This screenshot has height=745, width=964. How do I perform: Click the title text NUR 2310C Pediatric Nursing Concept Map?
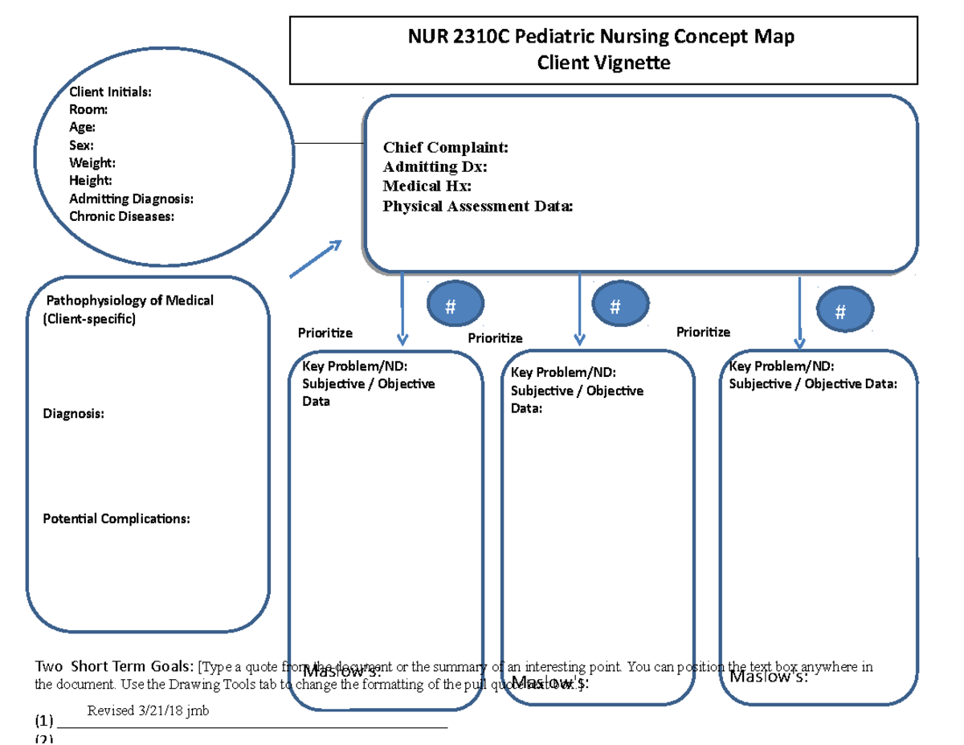pos(603,37)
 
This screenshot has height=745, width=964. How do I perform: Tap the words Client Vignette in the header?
pos(603,62)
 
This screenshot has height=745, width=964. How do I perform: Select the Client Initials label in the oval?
pos(110,92)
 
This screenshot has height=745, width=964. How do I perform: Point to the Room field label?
pos(88,109)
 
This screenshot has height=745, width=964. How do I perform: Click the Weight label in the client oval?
pos(92,163)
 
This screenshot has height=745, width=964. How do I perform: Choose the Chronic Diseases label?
pos(121,216)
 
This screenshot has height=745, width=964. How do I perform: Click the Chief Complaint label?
pos(445,147)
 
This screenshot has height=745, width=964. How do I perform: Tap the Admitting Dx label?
pos(435,166)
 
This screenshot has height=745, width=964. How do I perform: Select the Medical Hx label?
pos(427,186)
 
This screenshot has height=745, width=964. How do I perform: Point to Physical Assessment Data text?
pos(478,207)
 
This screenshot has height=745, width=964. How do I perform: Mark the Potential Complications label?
pos(116,518)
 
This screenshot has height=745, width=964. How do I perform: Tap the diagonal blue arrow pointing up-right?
pos(316,259)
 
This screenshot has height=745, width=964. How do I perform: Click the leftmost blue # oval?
pos(450,305)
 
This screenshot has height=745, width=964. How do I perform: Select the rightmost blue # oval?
pos(840,313)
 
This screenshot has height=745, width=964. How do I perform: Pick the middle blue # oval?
pos(615,305)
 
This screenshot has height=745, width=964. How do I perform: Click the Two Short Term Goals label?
pos(113,666)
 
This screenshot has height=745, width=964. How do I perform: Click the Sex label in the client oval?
pos(81,145)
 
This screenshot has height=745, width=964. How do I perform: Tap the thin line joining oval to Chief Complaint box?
pos(329,143)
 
